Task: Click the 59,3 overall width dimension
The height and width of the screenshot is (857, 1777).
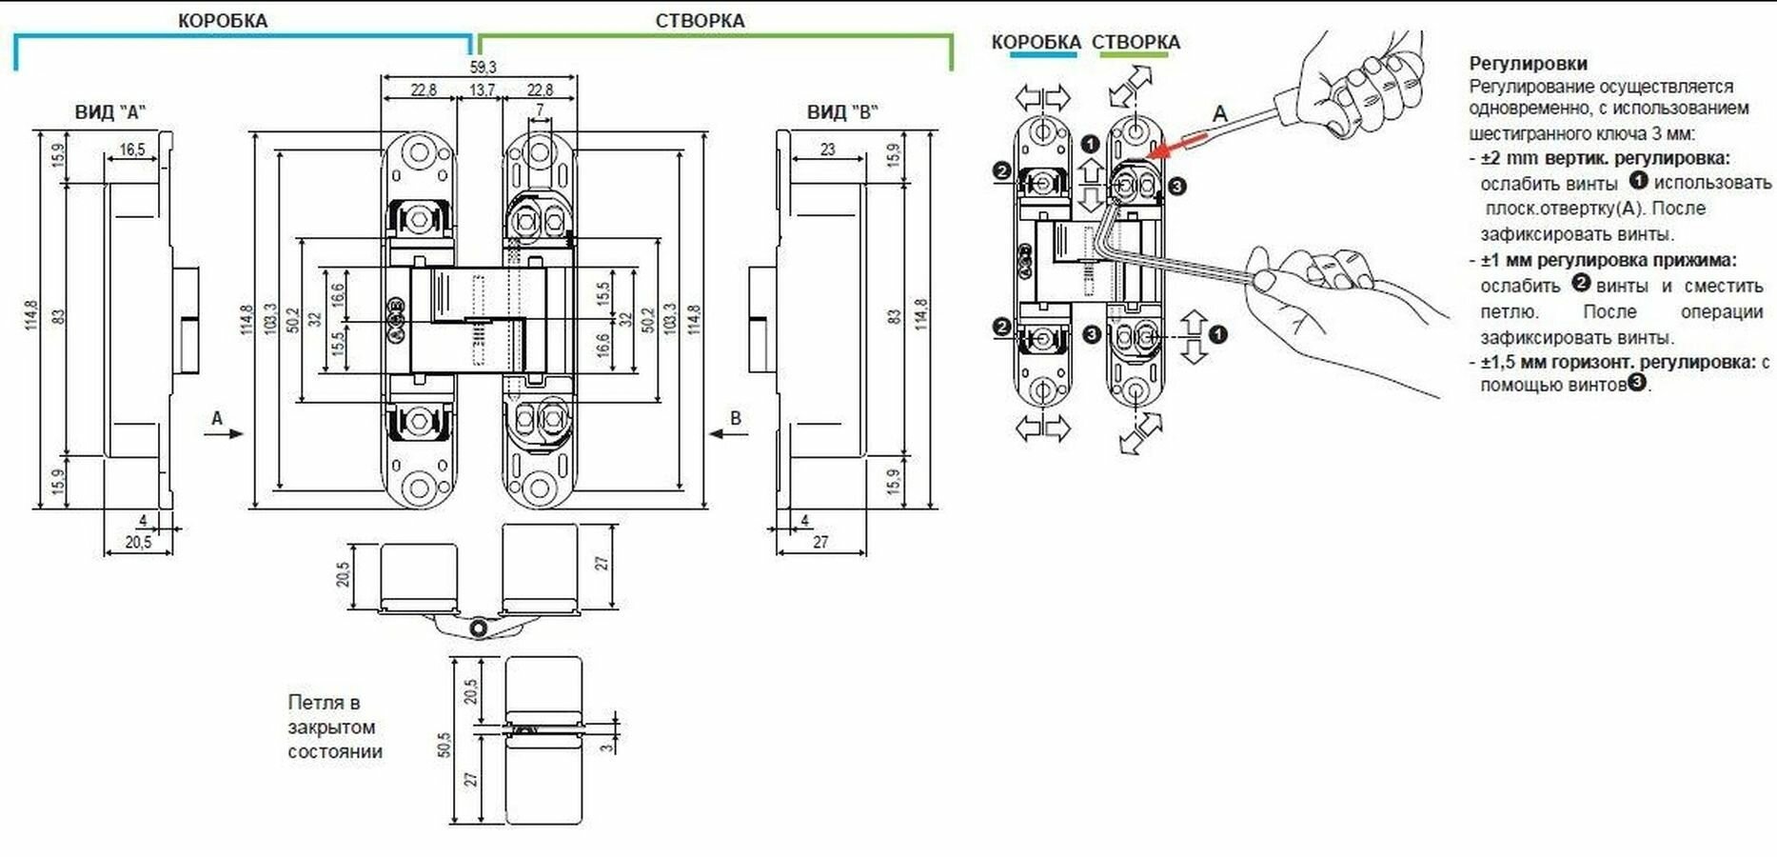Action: pyautogui.click(x=483, y=67)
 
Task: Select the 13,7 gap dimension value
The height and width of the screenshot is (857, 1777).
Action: pyautogui.click(x=483, y=90)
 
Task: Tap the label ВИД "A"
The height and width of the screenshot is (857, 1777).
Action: pyautogui.click(x=110, y=111)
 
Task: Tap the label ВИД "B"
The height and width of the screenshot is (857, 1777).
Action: pyautogui.click(x=842, y=111)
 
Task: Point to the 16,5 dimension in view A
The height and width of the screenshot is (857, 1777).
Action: pyautogui.click(x=132, y=149)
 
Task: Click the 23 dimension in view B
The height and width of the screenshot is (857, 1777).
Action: pyautogui.click(x=827, y=149)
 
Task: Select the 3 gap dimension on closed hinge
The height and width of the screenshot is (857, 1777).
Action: pyautogui.click(x=607, y=747)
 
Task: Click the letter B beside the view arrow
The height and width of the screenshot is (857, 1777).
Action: pyautogui.click(x=734, y=418)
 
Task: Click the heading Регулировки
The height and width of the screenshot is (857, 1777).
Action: pyautogui.click(x=1528, y=64)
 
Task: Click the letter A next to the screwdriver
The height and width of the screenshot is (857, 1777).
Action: pyautogui.click(x=1219, y=114)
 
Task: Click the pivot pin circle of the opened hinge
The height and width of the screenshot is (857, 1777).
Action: pyautogui.click(x=478, y=628)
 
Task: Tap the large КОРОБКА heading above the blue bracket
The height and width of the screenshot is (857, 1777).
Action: pyautogui.click(x=223, y=20)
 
